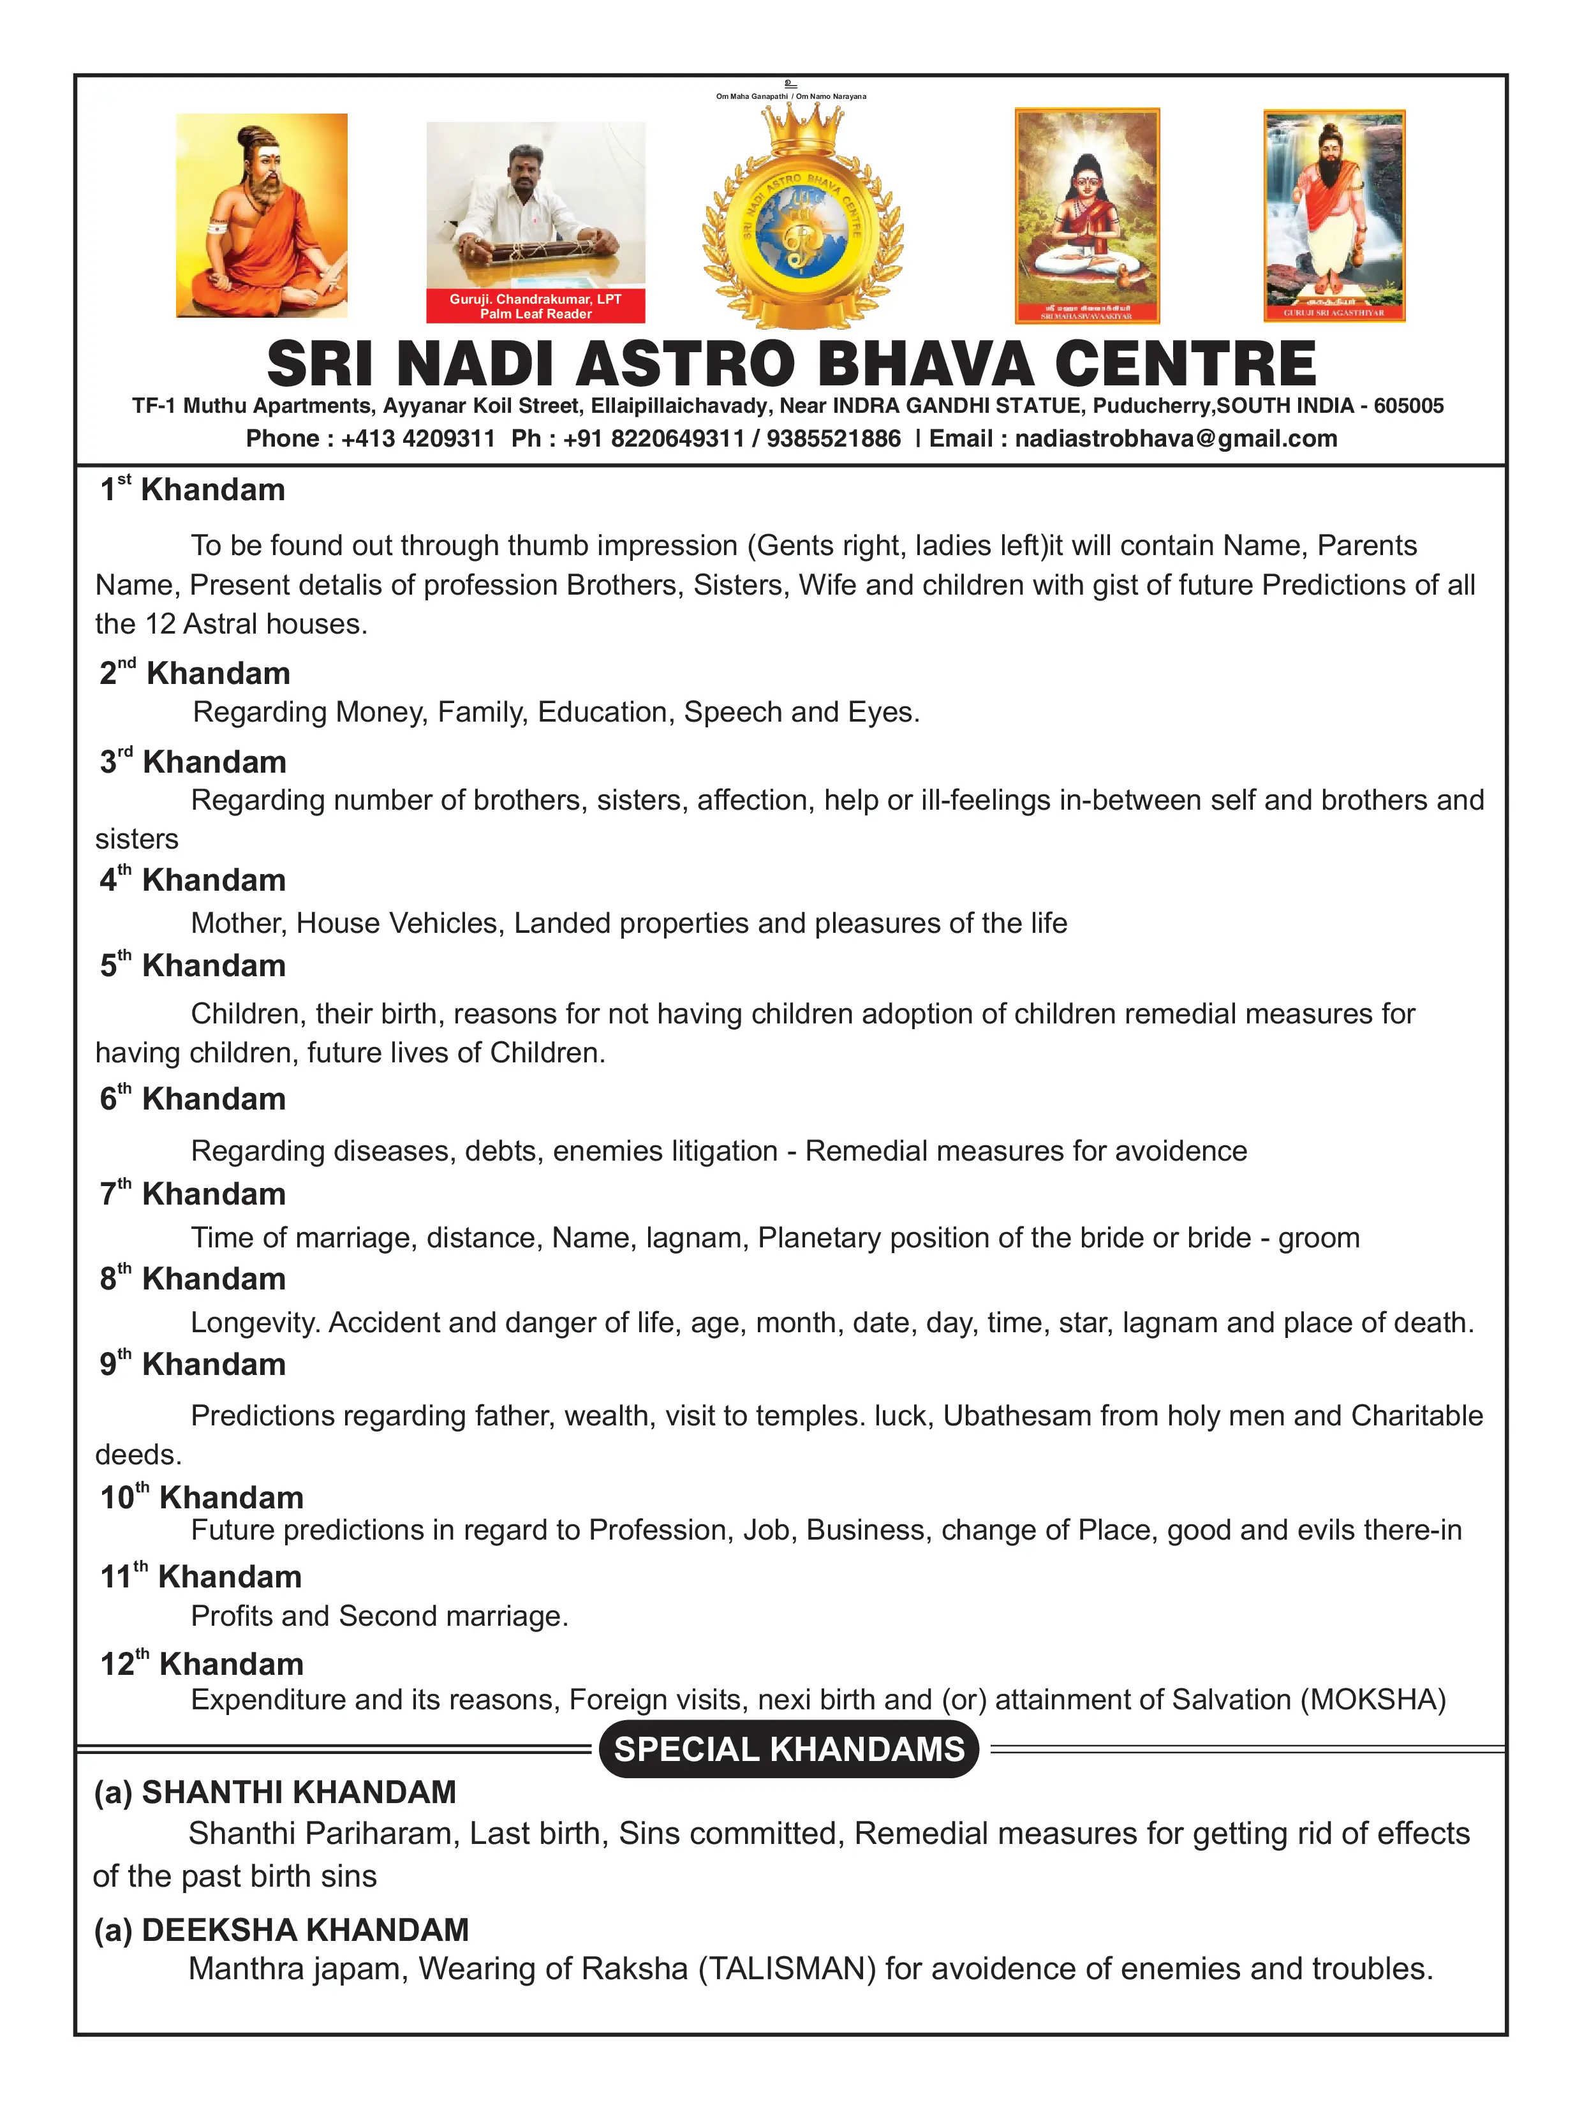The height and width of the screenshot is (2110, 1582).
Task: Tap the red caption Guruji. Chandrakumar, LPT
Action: (x=535, y=299)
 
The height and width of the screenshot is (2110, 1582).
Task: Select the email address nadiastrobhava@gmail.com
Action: (x=1176, y=439)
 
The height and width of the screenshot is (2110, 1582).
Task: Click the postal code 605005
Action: (x=1408, y=406)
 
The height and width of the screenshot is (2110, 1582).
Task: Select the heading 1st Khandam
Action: (x=193, y=489)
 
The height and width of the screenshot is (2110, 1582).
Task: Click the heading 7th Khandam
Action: (x=193, y=1193)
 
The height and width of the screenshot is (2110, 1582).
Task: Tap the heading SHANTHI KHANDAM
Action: (x=299, y=1792)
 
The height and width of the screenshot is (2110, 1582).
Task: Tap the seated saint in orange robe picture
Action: (x=262, y=216)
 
